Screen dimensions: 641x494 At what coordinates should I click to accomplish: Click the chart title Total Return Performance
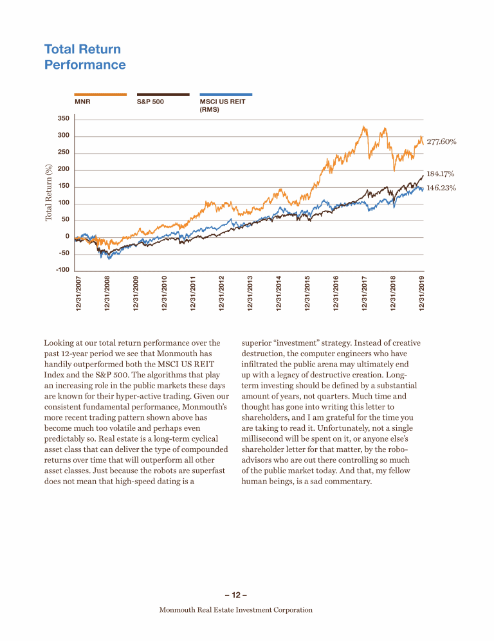(85, 57)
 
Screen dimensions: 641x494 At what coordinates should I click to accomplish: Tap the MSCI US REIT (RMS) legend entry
(222, 105)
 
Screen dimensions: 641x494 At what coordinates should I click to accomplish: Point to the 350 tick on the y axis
(63, 119)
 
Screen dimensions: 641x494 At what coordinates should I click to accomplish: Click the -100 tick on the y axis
(62, 270)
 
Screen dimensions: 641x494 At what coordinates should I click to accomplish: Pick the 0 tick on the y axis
(66, 237)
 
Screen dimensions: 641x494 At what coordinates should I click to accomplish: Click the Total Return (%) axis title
(49, 193)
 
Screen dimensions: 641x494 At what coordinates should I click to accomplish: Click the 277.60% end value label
(441, 141)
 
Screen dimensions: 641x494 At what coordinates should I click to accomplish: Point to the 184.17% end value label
(441, 174)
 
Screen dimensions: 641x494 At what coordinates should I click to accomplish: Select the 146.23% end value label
(441, 188)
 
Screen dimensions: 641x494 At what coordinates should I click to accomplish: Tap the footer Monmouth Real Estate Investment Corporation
(235, 609)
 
